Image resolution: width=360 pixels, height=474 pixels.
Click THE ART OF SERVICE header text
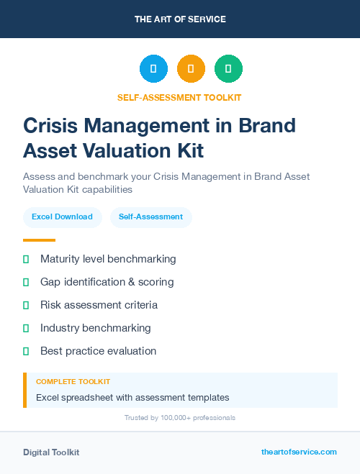[180, 19]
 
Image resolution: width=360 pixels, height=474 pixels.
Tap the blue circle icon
[153, 69]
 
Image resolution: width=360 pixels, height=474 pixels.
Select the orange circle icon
[191, 69]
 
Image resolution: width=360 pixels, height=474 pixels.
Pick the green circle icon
[228, 69]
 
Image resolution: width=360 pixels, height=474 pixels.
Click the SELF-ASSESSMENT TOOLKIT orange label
[180, 97]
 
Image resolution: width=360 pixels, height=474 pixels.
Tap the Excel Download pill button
[62, 217]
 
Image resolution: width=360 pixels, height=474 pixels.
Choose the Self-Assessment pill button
[150, 217]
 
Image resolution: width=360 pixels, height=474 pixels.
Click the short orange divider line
[39, 240]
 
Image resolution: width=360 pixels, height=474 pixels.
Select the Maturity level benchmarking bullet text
[108, 259]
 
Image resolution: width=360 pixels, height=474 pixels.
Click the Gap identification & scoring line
[107, 282]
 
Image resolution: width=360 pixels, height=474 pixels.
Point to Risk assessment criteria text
[99, 305]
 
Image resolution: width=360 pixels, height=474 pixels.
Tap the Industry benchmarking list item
[96, 328]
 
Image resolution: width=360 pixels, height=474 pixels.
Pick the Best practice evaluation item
[98, 351]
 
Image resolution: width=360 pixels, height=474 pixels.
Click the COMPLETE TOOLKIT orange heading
[73, 382]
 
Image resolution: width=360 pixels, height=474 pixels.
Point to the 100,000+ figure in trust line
[172, 418]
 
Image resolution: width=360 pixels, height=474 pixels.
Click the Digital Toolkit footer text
[51, 452]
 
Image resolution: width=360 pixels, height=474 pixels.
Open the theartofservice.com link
[299, 452]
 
